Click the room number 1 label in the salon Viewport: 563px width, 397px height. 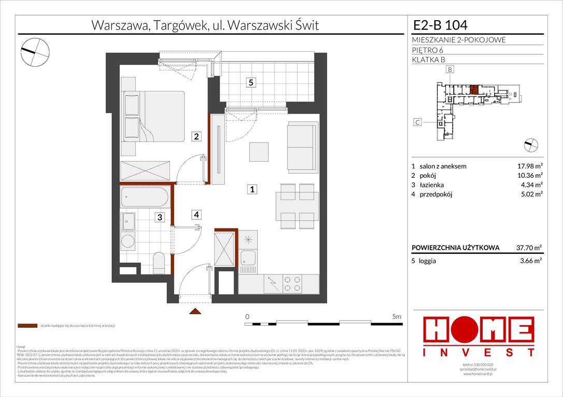point(252,190)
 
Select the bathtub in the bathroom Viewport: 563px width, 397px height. point(145,197)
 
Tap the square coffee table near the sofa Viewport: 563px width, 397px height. point(259,152)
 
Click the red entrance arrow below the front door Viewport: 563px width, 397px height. point(195,311)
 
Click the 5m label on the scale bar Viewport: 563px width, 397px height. point(397,316)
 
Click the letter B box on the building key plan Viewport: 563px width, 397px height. point(450,69)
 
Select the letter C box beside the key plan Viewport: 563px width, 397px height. point(417,123)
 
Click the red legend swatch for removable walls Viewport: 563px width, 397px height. point(27,326)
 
